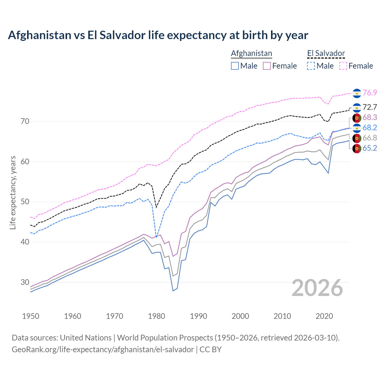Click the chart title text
pos(158,35)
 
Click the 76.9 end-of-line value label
pos(370,93)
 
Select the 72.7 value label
pos(370,107)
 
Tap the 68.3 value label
pos(370,117)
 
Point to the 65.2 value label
pos(370,148)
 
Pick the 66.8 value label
pos(370,138)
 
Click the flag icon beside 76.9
pos(357,93)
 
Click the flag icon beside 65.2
pos(357,148)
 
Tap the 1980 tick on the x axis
pos(157,316)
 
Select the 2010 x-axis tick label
pos(282,316)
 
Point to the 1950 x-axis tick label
pos(31,316)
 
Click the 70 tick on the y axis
pos(25,122)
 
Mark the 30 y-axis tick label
pos(25,282)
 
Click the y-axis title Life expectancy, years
pos(13,192)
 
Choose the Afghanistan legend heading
pos(251,53)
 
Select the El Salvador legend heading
pos(326,53)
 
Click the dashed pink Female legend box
pos(343,66)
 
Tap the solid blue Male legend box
pos(235,66)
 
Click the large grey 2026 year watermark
pos(317,288)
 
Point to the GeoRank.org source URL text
pos(103,350)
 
